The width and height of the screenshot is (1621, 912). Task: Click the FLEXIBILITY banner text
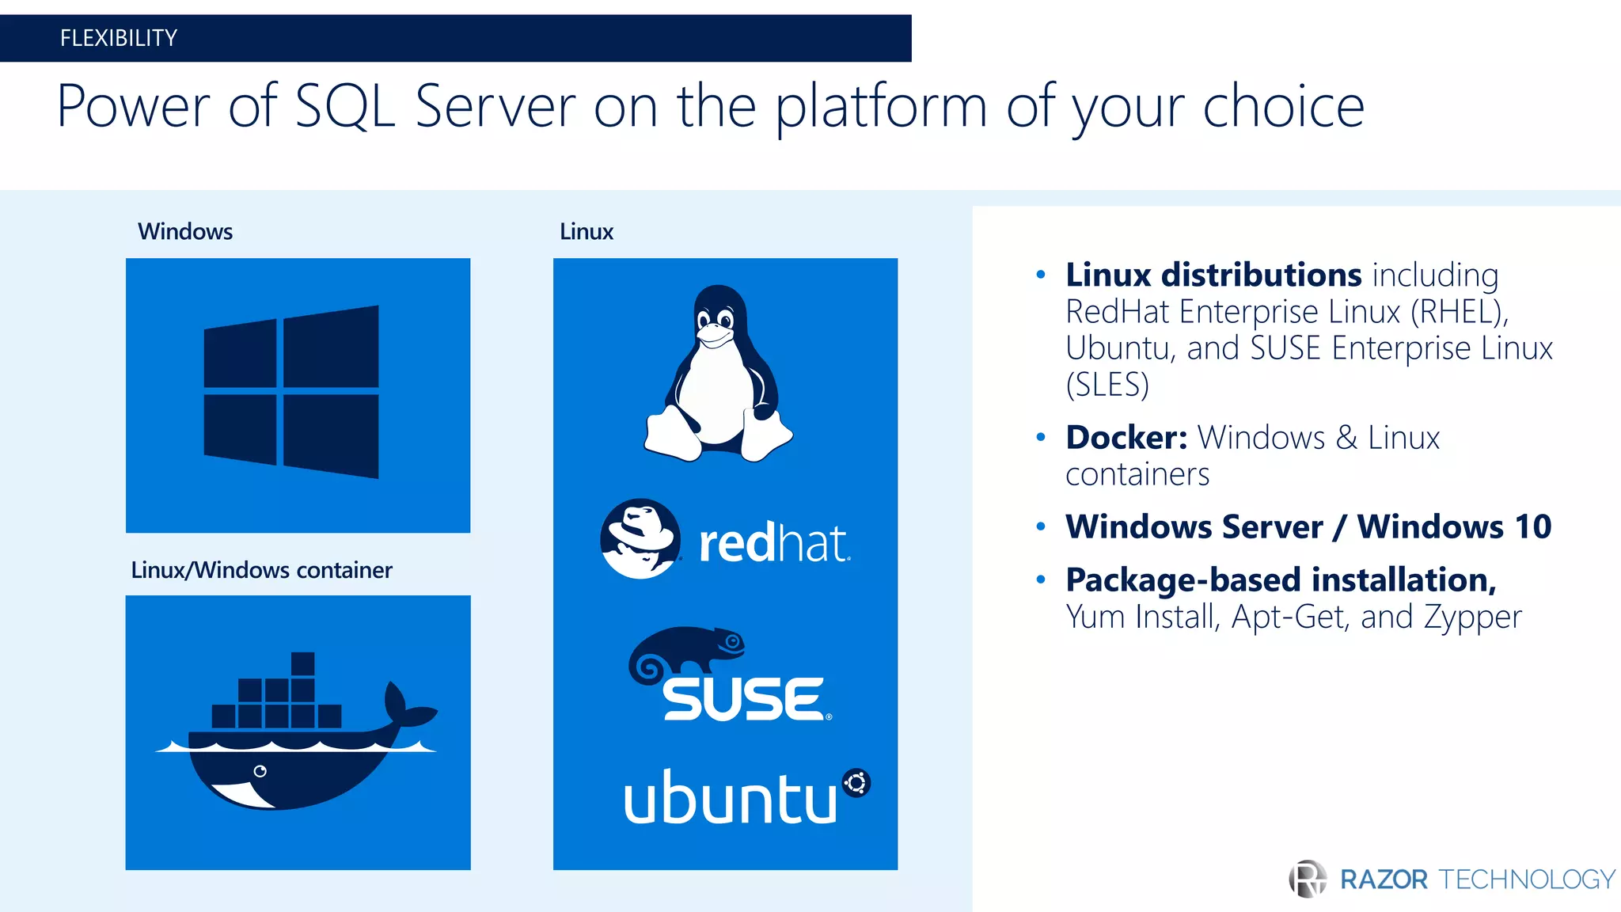coord(119,38)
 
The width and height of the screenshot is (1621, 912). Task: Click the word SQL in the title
coord(344,107)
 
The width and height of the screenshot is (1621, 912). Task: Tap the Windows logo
coord(291,392)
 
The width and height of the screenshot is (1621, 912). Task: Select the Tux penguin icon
coord(718,374)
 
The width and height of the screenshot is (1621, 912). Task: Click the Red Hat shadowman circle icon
coord(640,538)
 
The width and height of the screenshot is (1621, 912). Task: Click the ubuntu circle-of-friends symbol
coord(856,783)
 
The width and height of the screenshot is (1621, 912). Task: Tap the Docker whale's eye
coord(260,771)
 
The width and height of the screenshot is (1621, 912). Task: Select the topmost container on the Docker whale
coord(302,663)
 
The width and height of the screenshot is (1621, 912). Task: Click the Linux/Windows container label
coord(261,570)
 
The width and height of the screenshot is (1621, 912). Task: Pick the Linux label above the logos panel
coord(587,232)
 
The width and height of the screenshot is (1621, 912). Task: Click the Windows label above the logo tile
coord(185,232)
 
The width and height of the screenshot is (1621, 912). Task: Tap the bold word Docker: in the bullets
coord(1126,438)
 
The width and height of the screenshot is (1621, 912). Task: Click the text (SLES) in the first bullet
coord(1107,385)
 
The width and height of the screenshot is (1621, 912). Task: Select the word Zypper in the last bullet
coord(1472,617)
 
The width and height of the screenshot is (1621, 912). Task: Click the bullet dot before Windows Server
coord(1041,526)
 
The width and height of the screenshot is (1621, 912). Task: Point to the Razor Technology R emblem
coord(1308,879)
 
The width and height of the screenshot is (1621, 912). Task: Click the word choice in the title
coord(1283,107)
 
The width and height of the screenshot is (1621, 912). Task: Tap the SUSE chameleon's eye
coord(734,641)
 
